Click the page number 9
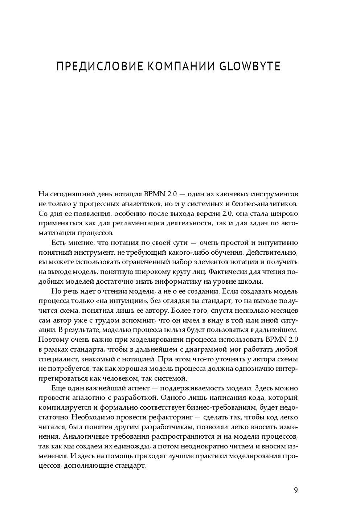296,490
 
